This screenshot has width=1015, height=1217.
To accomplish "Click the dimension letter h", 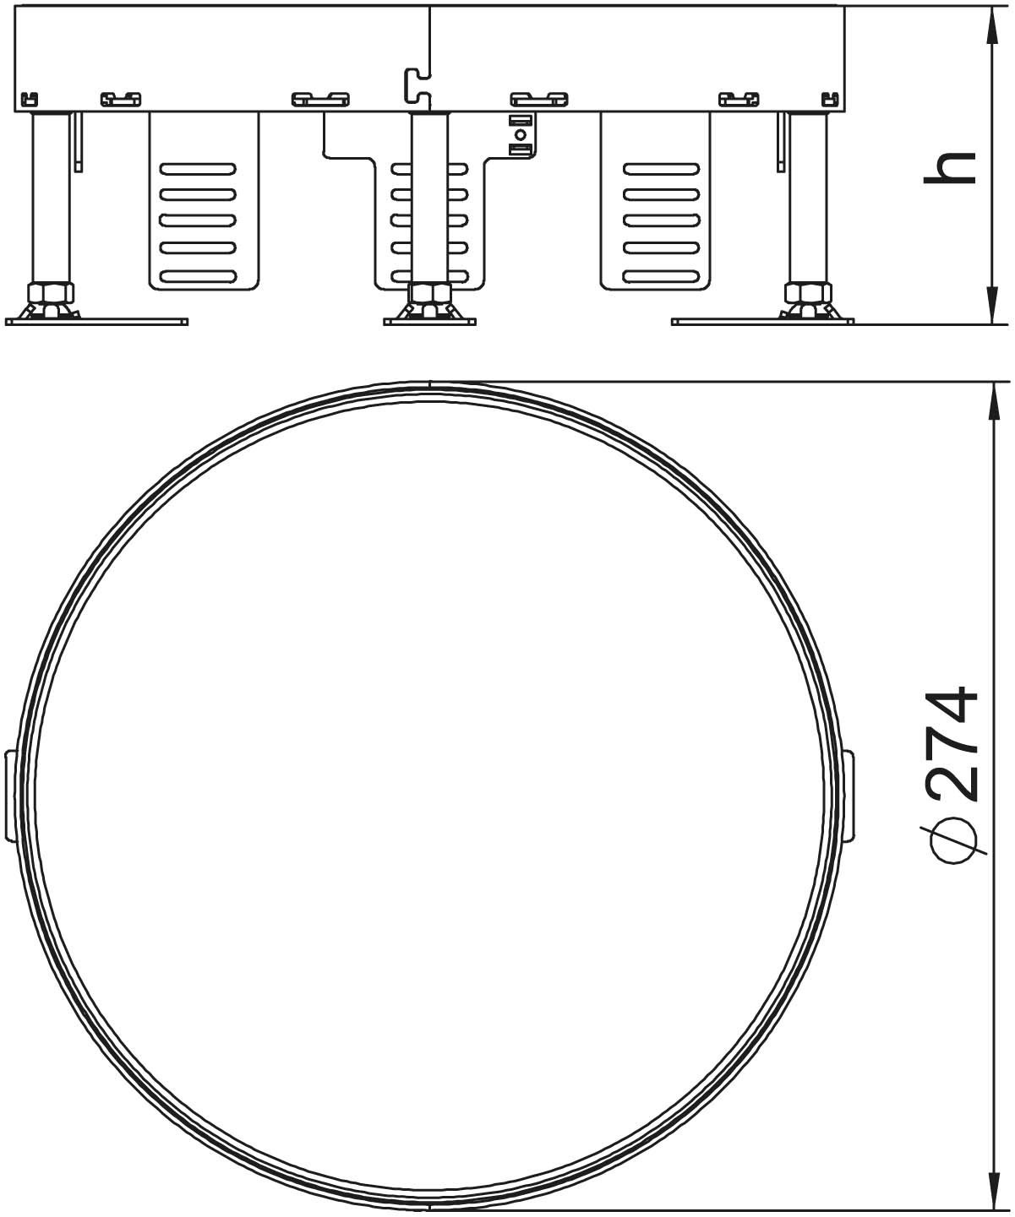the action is (949, 168).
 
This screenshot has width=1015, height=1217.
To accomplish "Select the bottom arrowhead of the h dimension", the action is (990, 304).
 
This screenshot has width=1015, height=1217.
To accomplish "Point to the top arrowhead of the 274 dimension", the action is (990, 401).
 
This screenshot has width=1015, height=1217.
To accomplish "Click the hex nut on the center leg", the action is (430, 291).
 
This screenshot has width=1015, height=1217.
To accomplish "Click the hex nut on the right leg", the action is (808, 291).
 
